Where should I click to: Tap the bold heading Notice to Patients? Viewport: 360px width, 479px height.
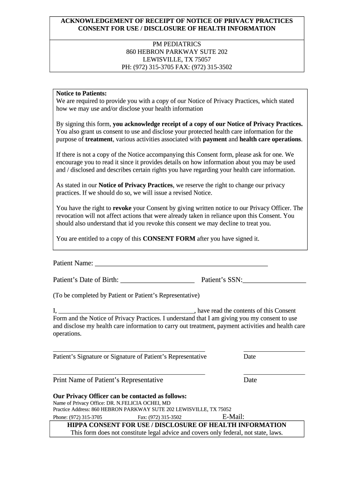pyautogui.click(x=81, y=93)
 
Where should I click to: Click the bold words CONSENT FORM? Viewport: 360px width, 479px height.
pyautogui.click(x=169, y=239)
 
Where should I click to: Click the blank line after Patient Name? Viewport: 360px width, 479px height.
pyautogui.click(x=181, y=265)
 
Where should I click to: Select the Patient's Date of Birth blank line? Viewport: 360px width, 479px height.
pyautogui.click(x=157, y=282)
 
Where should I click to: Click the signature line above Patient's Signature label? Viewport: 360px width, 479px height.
pyautogui.click(x=129, y=350)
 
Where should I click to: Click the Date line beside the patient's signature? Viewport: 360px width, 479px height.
pyautogui.click(x=274, y=350)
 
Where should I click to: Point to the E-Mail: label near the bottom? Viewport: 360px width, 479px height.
pyautogui.click(x=233, y=417)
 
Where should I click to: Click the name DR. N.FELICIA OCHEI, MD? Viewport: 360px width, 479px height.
pyautogui.click(x=138, y=403)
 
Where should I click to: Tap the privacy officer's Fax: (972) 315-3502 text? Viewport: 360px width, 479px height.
pyautogui.click(x=159, y=417)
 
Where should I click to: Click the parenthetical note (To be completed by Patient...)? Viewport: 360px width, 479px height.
pyautogui.click(x=126, y=295)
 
